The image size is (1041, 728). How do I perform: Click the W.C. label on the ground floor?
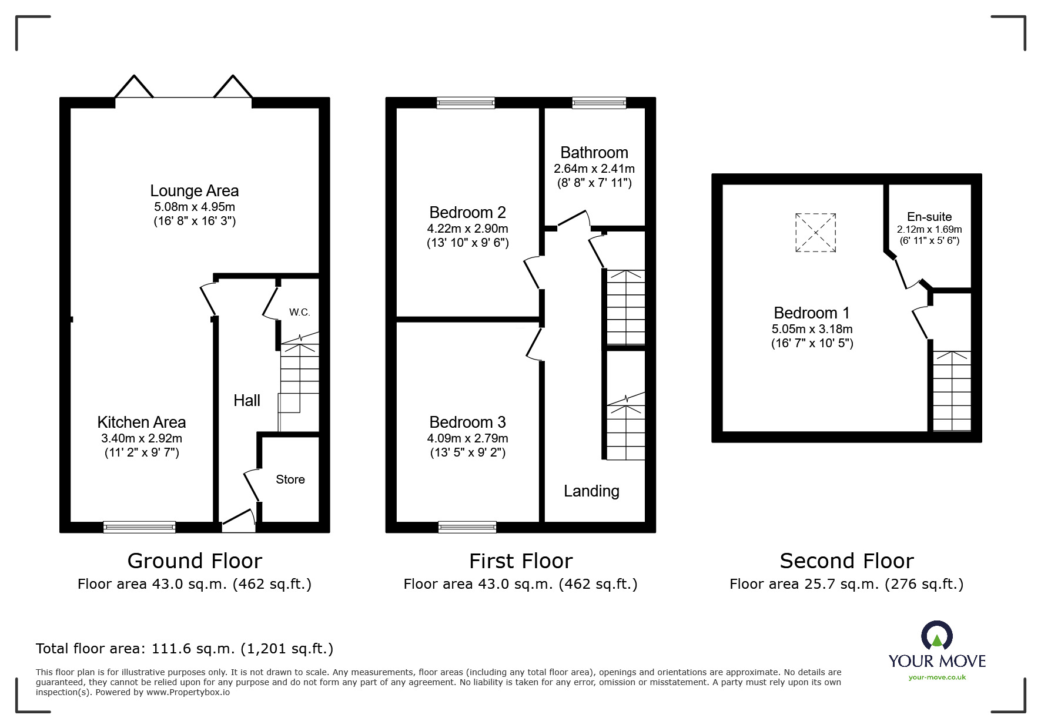pos(299,312)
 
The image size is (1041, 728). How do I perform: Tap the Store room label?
pos(290,479)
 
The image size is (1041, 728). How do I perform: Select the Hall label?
pos(246,401)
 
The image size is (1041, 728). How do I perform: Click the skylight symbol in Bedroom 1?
pos(815,233)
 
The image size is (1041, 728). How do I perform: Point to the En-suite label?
pos(929,217)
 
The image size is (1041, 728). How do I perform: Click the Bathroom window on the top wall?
pos(599,103)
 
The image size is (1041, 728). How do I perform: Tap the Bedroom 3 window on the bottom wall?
pos(467,527)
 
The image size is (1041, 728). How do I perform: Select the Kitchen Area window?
pos(139,527)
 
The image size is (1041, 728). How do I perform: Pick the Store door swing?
pos(252,485)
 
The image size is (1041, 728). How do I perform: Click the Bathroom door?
pos(573,219)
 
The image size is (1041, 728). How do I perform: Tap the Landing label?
pos(591,491)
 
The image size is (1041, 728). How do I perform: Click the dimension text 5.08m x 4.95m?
pos(195,207)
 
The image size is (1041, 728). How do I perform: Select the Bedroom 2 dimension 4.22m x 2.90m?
pos(467,229)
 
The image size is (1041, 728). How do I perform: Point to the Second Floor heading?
pos(846,561)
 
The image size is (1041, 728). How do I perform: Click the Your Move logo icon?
pos(936,636)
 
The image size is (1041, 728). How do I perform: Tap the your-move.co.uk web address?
pos(937,677)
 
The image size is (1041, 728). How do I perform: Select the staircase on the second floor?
pos(952,391)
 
